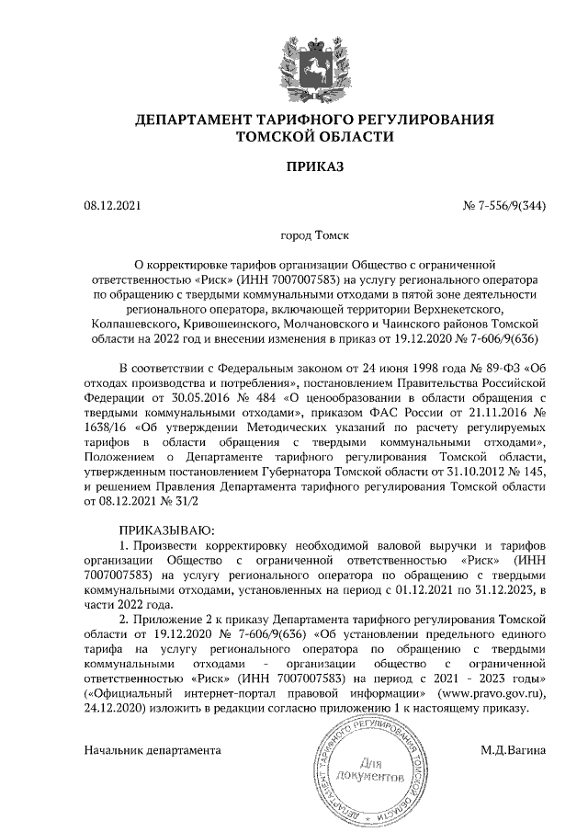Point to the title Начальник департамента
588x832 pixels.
[x=153, y=749]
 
